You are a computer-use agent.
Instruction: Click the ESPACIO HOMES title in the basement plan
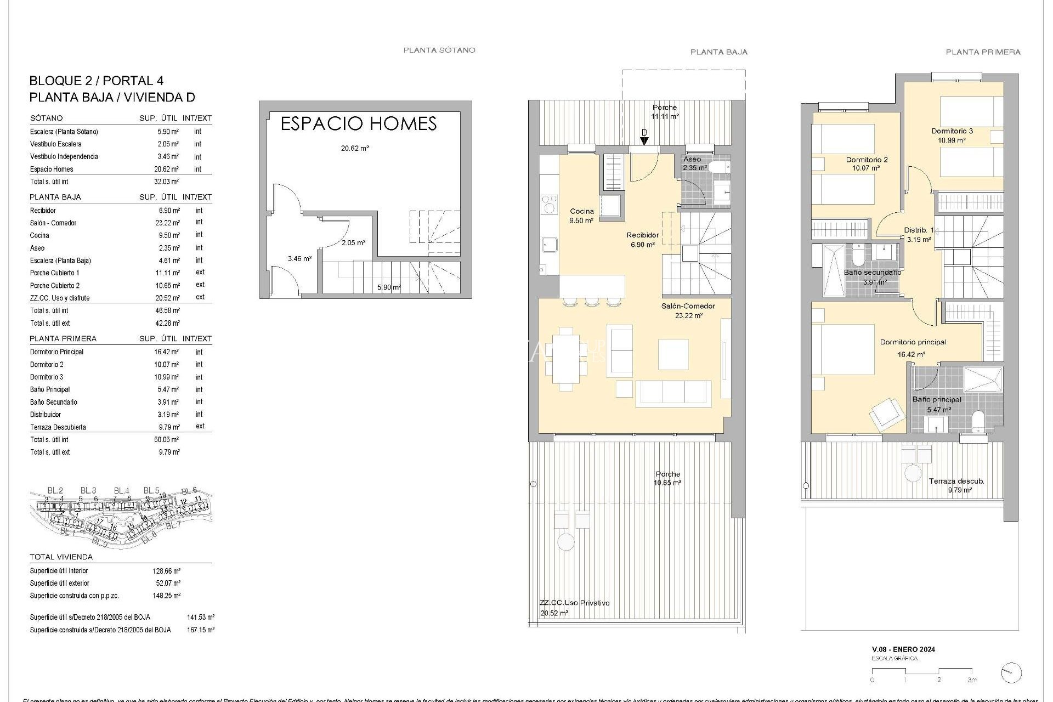358,124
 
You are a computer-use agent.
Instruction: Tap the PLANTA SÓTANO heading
439,50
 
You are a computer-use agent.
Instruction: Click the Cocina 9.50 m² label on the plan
582,216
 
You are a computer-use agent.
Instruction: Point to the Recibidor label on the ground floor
643,235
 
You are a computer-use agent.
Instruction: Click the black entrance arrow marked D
644,140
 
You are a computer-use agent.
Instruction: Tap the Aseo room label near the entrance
692,159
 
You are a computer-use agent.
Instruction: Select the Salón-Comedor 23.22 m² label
688,310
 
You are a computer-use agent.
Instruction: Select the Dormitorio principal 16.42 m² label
913,348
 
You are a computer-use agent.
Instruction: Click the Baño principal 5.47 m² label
937,404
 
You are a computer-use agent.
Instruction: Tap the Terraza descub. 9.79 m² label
956,485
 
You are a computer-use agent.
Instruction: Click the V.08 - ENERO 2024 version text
903,649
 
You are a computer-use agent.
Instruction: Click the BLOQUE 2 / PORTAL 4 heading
96,81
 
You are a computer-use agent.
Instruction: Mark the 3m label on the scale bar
972,680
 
